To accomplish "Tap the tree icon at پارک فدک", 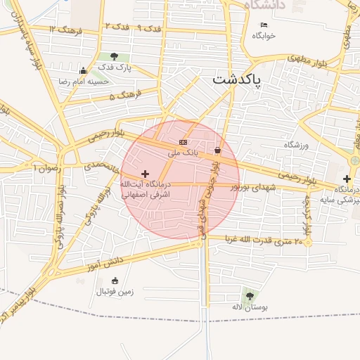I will click(114, 56).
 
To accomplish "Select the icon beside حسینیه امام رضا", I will click(84, 70).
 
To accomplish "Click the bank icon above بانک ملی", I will click(184, 142).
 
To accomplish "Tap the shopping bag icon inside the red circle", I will click(217, 150).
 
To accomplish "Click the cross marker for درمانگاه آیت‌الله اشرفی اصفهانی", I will click(146, 174).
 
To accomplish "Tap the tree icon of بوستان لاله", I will click(248, 295).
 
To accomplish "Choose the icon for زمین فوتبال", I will click(106, 280).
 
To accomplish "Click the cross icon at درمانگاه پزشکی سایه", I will click(347, 179).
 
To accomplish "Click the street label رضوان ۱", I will click(48, 167).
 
